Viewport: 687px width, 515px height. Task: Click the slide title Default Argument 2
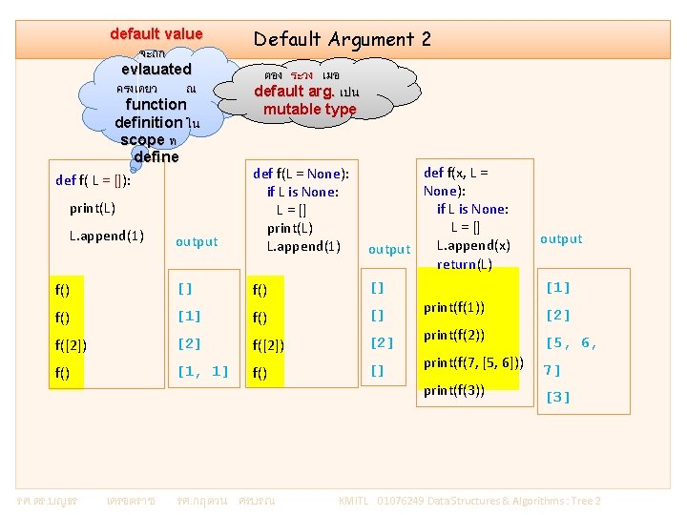tap(342, 39)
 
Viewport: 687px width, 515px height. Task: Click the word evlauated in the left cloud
tap(156, 70)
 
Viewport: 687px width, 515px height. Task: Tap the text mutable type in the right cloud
tap(309, 110)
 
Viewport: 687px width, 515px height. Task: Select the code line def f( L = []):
tap(93, 179)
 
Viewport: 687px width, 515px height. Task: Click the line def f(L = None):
tap(301, 174)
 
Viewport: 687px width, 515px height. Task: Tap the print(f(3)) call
tap(454, 390)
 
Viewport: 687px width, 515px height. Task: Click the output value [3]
tap(557, 397)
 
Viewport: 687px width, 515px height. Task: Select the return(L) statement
tap(465, 263)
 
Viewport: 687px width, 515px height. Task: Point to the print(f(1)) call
tap(454, 307)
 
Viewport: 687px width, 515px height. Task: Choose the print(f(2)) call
tap(454, 336)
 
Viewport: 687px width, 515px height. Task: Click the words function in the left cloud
tap(156, 104)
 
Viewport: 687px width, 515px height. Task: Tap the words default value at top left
tap(156, 34)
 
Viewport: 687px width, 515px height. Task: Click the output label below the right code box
tap(561, 239)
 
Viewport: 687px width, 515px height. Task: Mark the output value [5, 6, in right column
tap(571, 343)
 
